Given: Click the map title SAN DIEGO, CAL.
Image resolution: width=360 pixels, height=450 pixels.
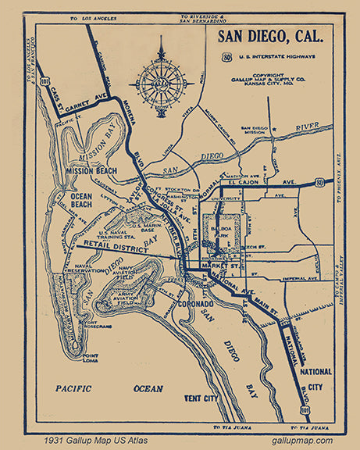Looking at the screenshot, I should click(x=273, y=36).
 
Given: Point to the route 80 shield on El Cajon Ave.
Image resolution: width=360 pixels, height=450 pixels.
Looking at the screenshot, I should click(x=320, y=183).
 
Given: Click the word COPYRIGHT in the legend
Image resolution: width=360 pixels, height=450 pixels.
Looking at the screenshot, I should click(x=266, y=66).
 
